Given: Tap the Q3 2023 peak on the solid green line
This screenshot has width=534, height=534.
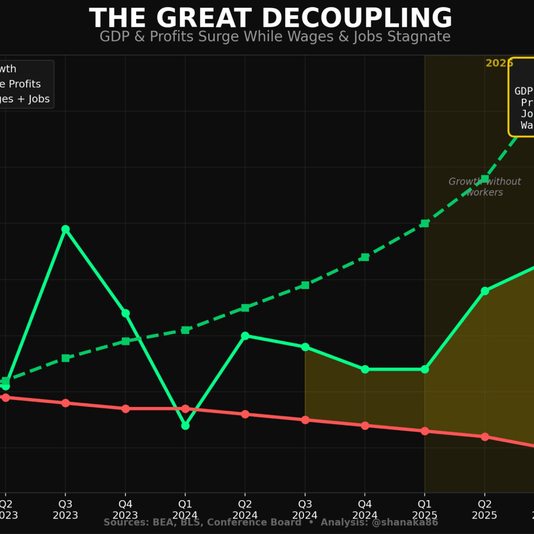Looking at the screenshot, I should point(65,229).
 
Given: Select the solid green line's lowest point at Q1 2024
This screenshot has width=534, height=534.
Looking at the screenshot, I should point(185,426).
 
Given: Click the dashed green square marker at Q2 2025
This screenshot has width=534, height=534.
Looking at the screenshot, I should point(484,179).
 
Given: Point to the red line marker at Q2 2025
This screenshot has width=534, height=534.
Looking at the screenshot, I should point(484,436).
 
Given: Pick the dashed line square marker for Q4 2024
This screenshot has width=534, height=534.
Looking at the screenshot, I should point(365,257).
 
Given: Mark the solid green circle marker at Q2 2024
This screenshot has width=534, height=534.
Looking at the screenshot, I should point(245,336).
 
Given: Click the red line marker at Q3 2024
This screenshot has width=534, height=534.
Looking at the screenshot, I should point(305,420).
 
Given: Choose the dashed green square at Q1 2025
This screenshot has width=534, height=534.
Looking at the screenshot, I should point(424,223).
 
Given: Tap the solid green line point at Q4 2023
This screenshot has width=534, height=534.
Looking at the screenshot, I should point(125,313).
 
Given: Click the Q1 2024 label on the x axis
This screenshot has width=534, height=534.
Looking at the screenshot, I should point(185,509).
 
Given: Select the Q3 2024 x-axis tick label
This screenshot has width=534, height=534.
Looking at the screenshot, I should point(305,509).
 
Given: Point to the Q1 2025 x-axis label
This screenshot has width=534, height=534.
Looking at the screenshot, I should point(424,509).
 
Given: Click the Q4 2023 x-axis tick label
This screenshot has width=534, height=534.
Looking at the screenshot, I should point(125,509).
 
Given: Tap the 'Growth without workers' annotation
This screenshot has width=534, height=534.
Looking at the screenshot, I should point(484,187).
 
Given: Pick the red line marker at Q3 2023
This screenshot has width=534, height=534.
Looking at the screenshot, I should point(65,403).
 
